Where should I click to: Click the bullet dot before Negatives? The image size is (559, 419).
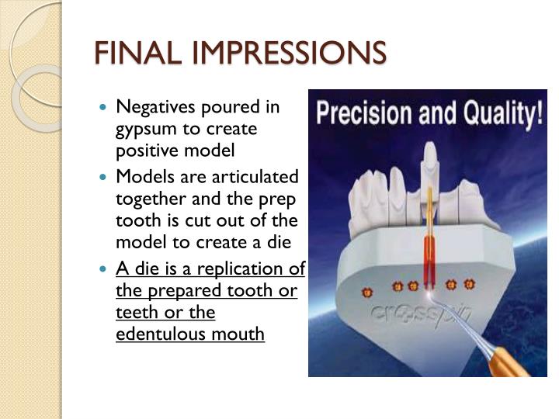click(x=105, y=106)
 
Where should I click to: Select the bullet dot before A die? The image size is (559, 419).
click(x=105, y=269)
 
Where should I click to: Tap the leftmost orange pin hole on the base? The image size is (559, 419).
click(x=368, y=292)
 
